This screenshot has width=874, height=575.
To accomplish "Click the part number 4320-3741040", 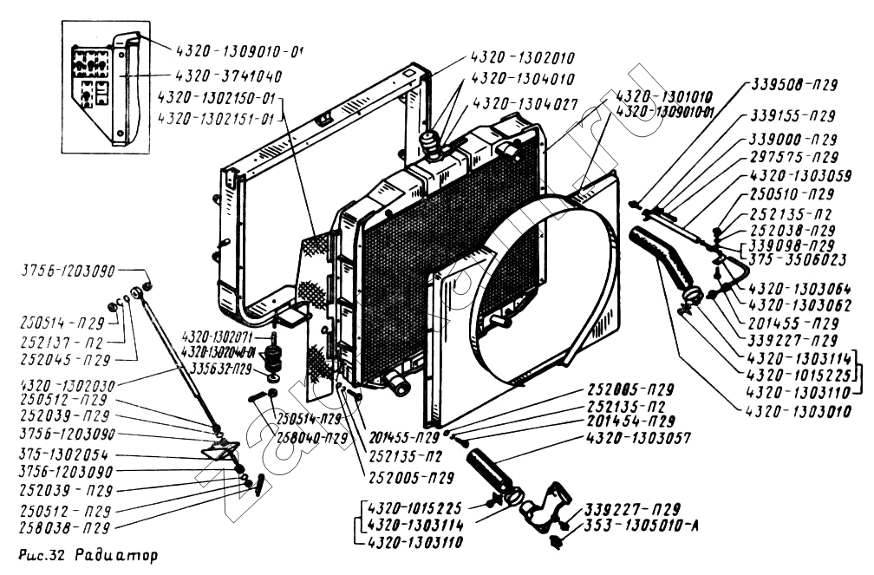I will pos(227,75).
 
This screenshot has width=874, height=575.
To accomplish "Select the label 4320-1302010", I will pos(523,59).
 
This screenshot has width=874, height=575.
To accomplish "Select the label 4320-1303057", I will pos(638,439).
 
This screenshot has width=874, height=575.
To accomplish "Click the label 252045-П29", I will pos(60,357).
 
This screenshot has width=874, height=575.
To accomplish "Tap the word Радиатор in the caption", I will pos(117,554).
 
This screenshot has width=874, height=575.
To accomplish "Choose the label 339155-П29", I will pos(792,115).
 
